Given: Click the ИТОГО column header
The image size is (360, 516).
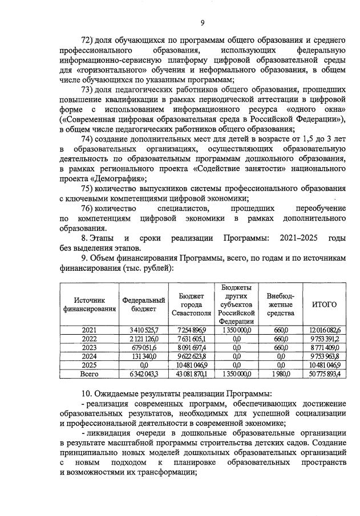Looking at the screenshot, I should tap(324, 304).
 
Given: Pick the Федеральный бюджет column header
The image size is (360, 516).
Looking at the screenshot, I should tap(143, 304).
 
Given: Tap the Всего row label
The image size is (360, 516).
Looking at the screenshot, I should tap(89, 374).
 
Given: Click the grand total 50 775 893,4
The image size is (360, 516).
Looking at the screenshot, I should tap(324, 374).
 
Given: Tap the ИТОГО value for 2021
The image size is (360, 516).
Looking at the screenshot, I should tap(324, 330).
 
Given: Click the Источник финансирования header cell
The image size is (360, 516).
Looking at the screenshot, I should tap(89, 304).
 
